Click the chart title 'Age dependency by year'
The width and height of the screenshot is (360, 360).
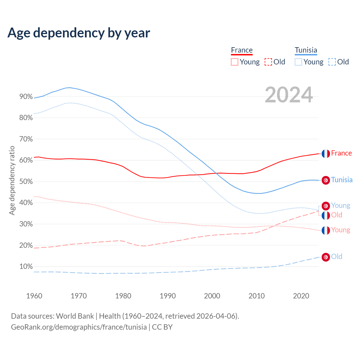tap(79, 33)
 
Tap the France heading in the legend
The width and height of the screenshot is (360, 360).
tap(242, 50)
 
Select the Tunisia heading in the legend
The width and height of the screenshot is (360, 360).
tap(306, 50)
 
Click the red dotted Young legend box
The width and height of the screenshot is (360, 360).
tap(234, 62)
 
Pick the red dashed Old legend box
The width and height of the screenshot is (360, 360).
tap(268, 62)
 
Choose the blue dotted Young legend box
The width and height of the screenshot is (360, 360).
tap(298, 62)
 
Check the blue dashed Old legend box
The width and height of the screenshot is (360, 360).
tap(332, 62)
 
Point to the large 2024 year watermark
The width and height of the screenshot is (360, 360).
tap(289, 95)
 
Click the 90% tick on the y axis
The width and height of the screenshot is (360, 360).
tap(26, 97)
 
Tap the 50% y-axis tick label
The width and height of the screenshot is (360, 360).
tap(26, 182)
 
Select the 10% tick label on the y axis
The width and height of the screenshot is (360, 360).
tap(26, 267)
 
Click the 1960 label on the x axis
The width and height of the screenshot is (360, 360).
tap(34, 296)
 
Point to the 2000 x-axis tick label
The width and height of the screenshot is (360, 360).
tap(212, 296)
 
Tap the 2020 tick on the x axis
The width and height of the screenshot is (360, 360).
tap(301, 296)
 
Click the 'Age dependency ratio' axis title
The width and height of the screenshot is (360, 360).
tap(12, 180)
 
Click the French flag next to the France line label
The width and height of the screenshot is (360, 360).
tap(326, 154)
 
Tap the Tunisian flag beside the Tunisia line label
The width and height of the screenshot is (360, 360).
tap(326, 180)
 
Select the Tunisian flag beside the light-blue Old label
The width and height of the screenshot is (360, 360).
tap(326, 257)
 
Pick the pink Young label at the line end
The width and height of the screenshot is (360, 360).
tap(341, 230)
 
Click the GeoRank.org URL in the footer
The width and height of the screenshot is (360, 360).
tap(79, 327)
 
